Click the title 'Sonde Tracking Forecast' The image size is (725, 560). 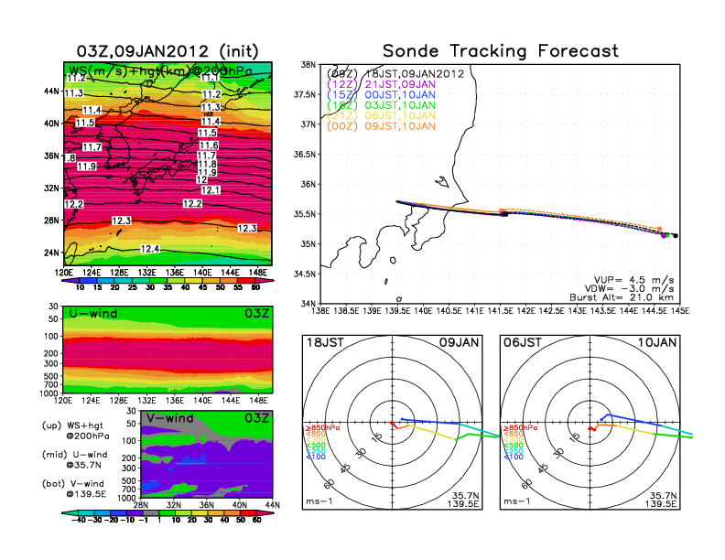tap(500, 51)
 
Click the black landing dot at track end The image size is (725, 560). tap(676, 236)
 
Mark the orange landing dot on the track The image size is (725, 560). tap(659, 229)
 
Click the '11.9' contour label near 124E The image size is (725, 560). tap(87, 166)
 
